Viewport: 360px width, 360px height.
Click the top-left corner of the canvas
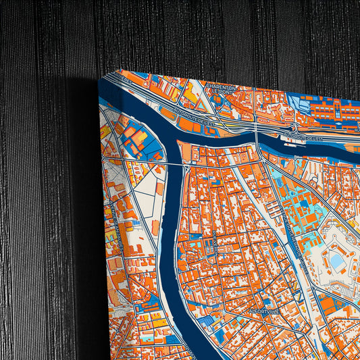101,78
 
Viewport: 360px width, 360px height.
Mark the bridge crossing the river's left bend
174,163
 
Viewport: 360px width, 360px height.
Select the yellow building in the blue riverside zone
139,138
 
